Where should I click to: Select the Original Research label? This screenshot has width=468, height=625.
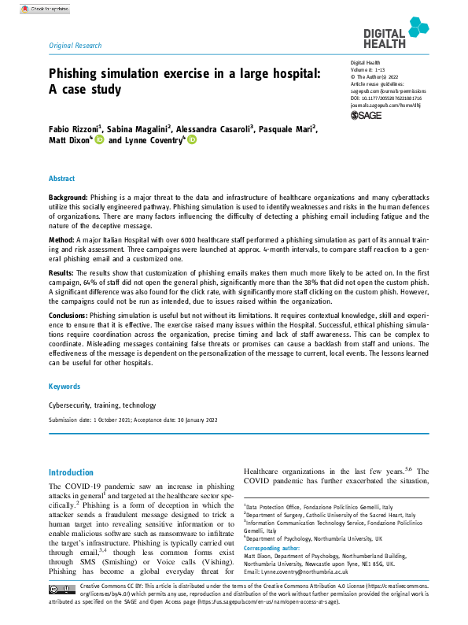(x=75, y=46)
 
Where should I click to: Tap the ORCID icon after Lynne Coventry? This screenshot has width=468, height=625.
(x=191, y=140)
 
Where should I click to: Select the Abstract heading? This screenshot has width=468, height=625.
(x=62, y=179)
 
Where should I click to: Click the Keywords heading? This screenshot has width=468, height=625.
(x=64, y=386)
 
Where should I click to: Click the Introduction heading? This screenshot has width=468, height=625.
(x=71, y=472)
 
